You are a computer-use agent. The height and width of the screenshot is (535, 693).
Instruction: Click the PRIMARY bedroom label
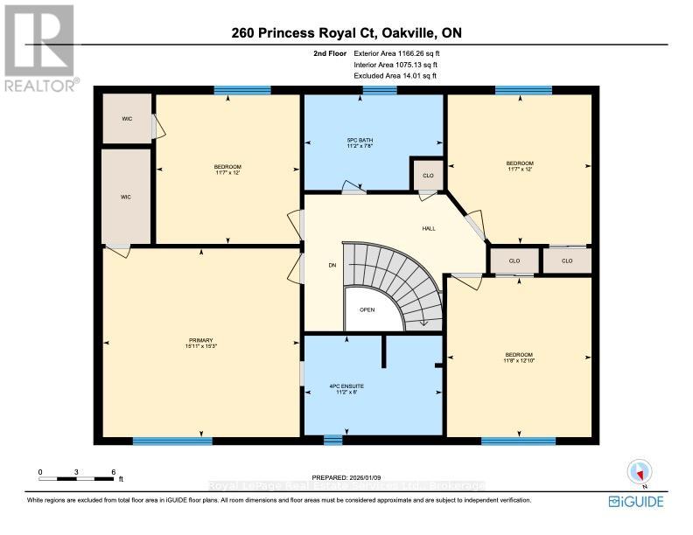click(x=200, y=340)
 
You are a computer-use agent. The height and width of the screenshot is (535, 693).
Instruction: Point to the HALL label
click(x=429, y=229)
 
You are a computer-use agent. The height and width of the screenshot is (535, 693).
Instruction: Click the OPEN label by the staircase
click(x=367, y=309)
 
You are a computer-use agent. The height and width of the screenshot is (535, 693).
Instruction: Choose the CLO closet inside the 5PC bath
click(x=428, y=176)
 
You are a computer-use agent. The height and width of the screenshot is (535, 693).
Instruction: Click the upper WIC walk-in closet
click(x=125, y=117)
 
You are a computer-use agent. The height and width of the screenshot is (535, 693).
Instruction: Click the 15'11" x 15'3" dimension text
click(x=200, y=346)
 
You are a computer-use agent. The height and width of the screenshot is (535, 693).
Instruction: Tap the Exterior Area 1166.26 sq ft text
click(x=390, y=54)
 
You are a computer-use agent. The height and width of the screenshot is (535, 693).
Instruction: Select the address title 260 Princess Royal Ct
click(x=346, y=33)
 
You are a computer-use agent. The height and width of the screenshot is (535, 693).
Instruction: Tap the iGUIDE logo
click(x=636, y=501)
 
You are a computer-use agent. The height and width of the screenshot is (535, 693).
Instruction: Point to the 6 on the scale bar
click(x=114, y=472)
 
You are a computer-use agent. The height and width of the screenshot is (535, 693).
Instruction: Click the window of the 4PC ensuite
click(x=332, y=440)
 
